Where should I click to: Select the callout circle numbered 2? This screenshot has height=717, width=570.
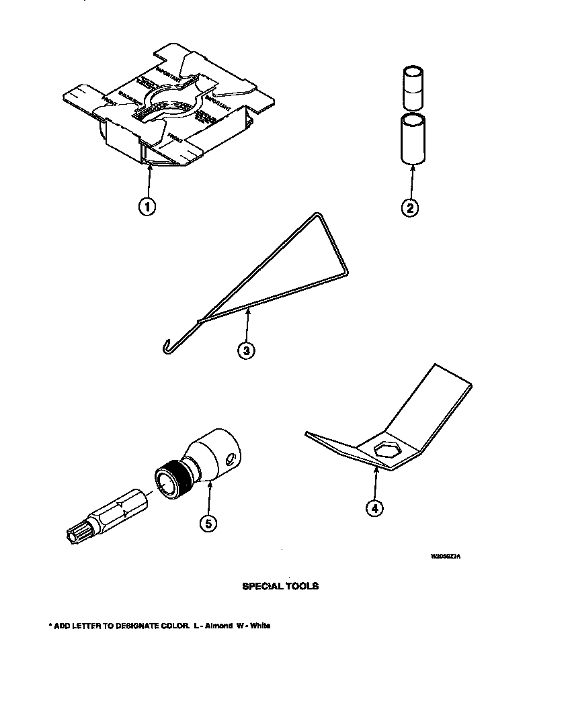click(x=409, y=207)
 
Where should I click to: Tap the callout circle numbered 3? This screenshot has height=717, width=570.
click(x=247, y=350)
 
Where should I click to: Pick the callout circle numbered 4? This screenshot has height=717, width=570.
click(x=374, y=508)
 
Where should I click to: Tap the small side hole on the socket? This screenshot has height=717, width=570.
click(x=231, y=459)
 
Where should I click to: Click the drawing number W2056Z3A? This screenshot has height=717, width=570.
click(x=446, y=557)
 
